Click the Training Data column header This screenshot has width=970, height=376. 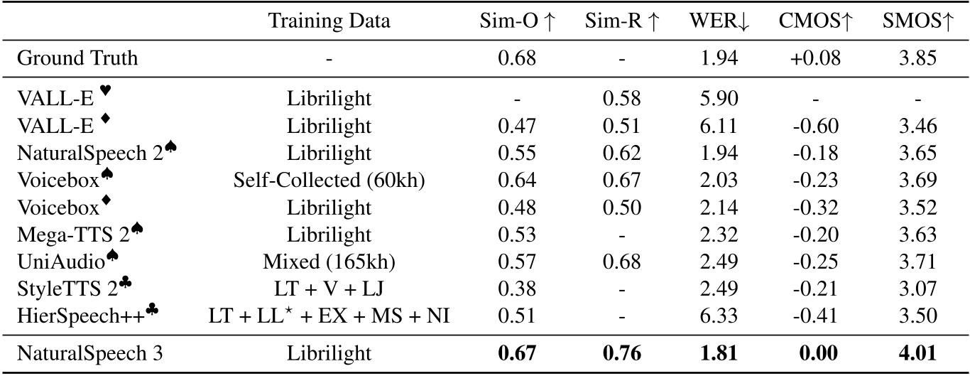329,21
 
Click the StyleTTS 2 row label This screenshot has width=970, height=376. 68,289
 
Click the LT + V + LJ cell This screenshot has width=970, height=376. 329,289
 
